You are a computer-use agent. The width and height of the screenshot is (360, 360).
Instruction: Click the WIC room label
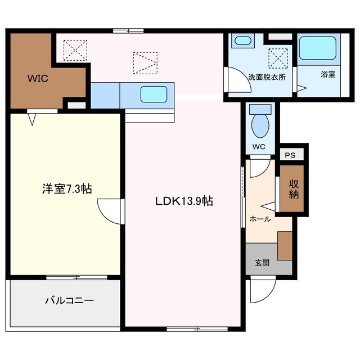click(38, 79)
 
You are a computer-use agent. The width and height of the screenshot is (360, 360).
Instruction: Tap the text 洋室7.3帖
click(67, 189)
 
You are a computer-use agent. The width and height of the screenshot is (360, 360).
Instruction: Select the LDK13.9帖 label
click(184, 201)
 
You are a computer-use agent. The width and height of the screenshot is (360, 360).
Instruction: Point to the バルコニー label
click(69, 300)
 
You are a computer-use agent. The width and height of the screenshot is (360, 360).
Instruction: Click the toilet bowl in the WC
click(260, 125)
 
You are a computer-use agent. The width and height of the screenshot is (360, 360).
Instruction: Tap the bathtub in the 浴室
click(318, 48)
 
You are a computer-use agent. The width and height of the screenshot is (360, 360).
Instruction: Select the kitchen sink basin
click(154, 94)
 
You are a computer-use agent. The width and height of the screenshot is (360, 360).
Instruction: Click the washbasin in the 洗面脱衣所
click(243, 41)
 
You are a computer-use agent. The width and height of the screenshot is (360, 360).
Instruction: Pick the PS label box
click(290, 155)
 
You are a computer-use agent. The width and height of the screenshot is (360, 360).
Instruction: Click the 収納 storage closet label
click(294, 189)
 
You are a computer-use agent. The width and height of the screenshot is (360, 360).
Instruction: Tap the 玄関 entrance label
click(262, 263)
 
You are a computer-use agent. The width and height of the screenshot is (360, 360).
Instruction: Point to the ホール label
click(260, 219)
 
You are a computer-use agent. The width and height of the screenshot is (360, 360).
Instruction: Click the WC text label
click(259, 147)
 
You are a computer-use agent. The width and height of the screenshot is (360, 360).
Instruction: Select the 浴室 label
click(328, 74)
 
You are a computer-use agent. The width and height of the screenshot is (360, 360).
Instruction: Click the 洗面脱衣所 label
click(267, 77)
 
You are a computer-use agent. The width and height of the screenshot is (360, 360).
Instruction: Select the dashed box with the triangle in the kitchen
click(145, 63)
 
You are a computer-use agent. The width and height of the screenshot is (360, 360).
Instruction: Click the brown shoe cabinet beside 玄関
click(285, 246)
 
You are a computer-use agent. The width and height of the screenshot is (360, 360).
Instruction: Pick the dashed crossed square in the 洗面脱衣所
click(278, 58)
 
